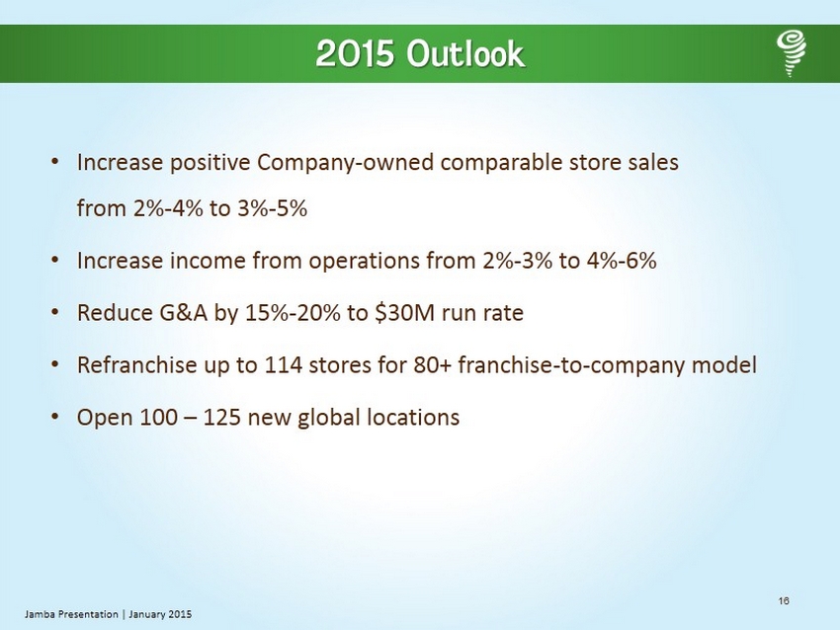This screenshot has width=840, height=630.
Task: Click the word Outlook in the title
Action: pyautogui.click(x=465, y=53)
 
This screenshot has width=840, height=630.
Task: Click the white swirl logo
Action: pyautogui.click(x=792, y=53)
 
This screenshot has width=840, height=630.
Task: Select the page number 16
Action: pyautogui.click(x=784, y=600)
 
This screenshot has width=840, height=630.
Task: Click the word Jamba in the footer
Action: pyautogui.click(x=40, y=614)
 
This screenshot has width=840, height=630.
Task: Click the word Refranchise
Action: pyautogui.click(x=137, y=365)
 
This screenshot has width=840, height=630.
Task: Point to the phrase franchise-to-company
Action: pyautogui.click(x=571, y=366)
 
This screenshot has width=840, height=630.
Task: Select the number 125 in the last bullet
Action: pyautogui.click(x=221, y=418)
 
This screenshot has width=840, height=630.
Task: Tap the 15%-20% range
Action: pyautogui.click(x=293, y=313)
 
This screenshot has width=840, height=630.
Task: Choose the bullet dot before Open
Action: pyautogui.click(x=54, y=417)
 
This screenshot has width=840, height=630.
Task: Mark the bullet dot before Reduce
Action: pyautogui.click(x=54, y=313)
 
